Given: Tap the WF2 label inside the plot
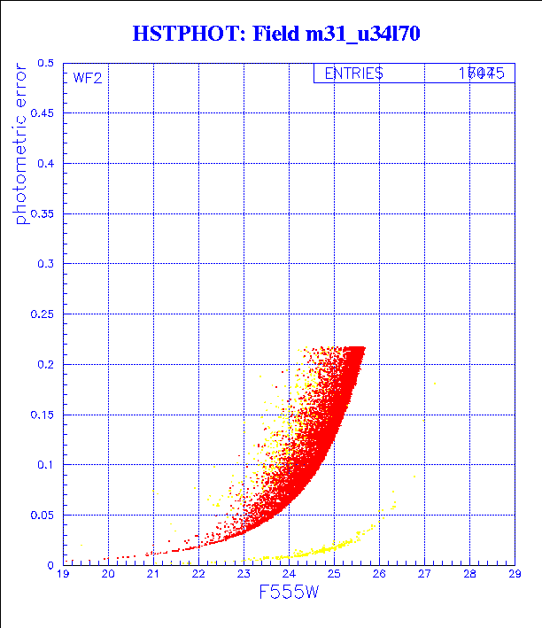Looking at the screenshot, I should pyautogui.click(x=88, y=78).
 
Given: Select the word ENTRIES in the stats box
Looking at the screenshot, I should pyautogui.click(x=353, y=74).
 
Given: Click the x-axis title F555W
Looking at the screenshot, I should pyautogui.click(x=289, y=593).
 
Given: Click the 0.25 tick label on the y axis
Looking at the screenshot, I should pyautogui.click(x=43, y=314).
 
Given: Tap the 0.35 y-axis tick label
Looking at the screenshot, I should pyautogui.click(x=43, y=214).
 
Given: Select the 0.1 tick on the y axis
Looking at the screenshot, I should pyautogui.click(x=46, y=465).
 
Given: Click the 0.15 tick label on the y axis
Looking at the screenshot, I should pyautogui.click(x=43, y=415).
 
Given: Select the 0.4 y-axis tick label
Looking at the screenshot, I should pyautogui.click(x=46, y=164).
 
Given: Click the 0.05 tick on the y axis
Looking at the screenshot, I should pyautogui.click(x=43, y=515).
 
